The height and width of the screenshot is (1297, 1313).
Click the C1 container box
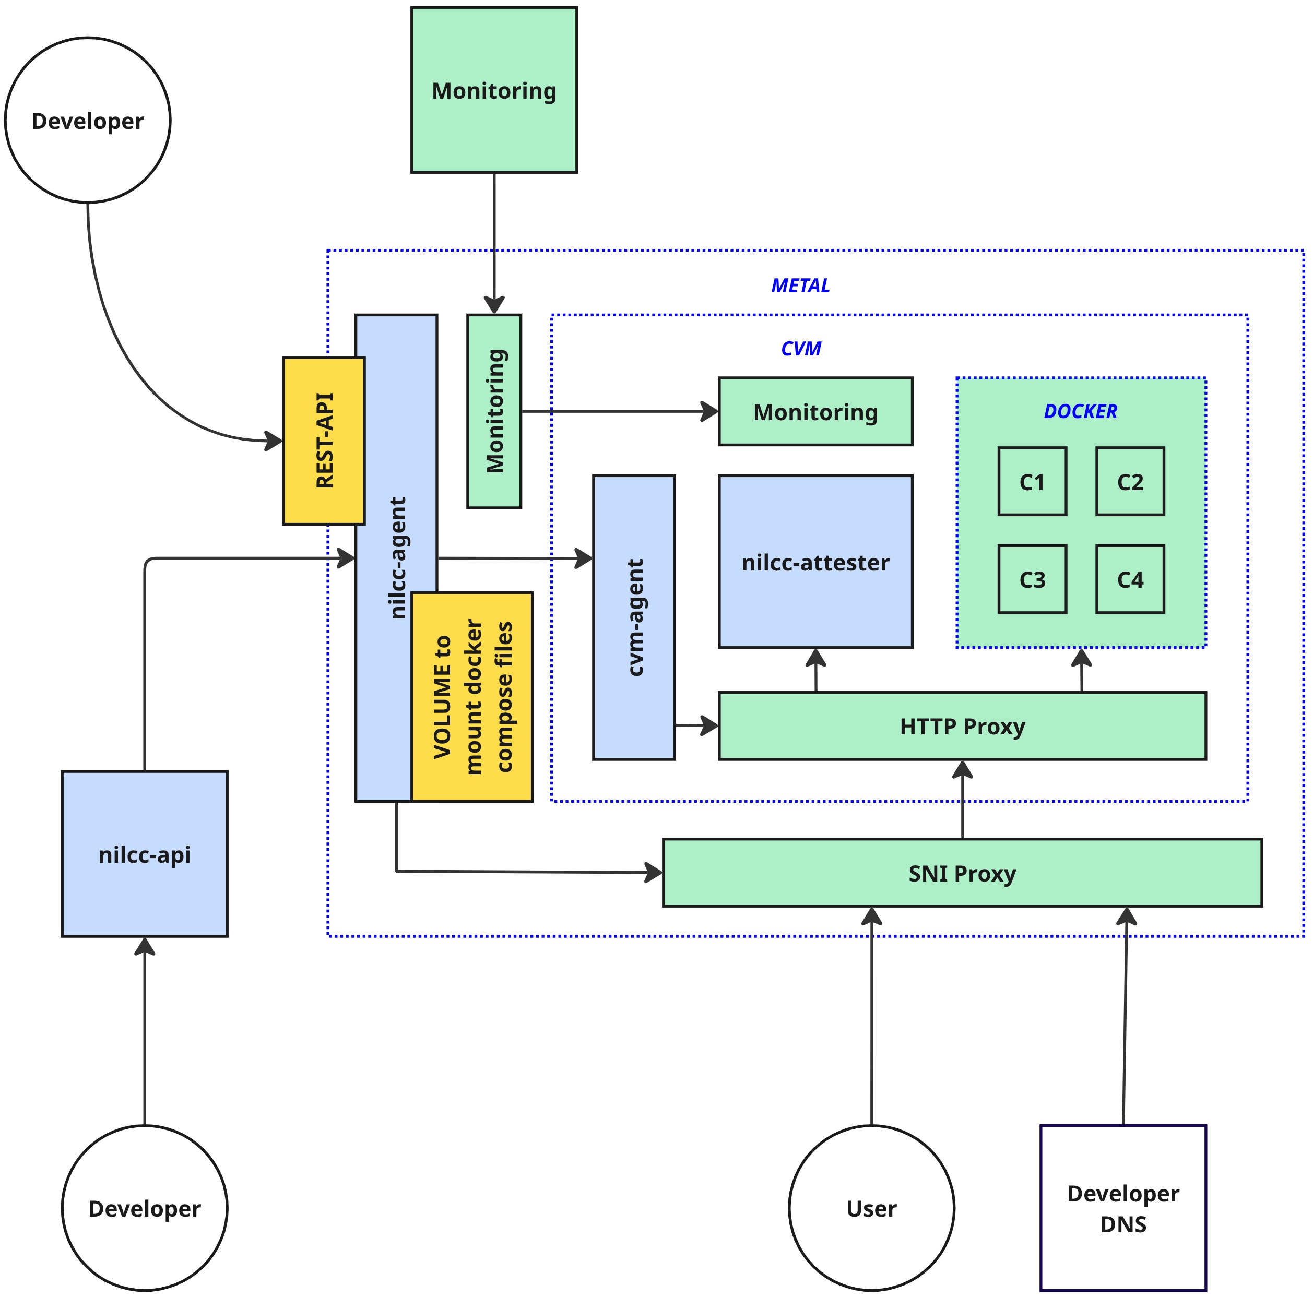click(1032, 481)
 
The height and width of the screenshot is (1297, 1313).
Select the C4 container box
click(1130, 579)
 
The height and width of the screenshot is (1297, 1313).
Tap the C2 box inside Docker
click(1130, 481)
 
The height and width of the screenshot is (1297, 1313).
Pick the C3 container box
click(1032, 579)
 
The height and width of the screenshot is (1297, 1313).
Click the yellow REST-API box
click(324, 441)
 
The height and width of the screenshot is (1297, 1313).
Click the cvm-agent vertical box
click(633, 617)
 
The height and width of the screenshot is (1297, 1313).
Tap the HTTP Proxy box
click(962, 725)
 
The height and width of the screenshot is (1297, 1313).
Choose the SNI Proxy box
click(962, 872)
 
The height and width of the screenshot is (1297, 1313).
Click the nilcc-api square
click(144, 853)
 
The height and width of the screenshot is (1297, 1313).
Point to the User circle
click(871, 1208)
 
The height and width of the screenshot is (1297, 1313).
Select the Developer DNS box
click(1123, 1208)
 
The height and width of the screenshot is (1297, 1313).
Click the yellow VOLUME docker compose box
click(471, 696)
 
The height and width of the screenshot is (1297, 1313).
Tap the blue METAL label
click(800, 285)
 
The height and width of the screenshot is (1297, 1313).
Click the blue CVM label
click(800, 349)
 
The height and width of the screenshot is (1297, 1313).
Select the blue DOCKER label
click(1080, 411)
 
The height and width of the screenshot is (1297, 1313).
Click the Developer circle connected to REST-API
click(88, 120)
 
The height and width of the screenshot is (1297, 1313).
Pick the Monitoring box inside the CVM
click(815, 412)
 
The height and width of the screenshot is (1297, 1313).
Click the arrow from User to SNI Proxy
click(871, 1019)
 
